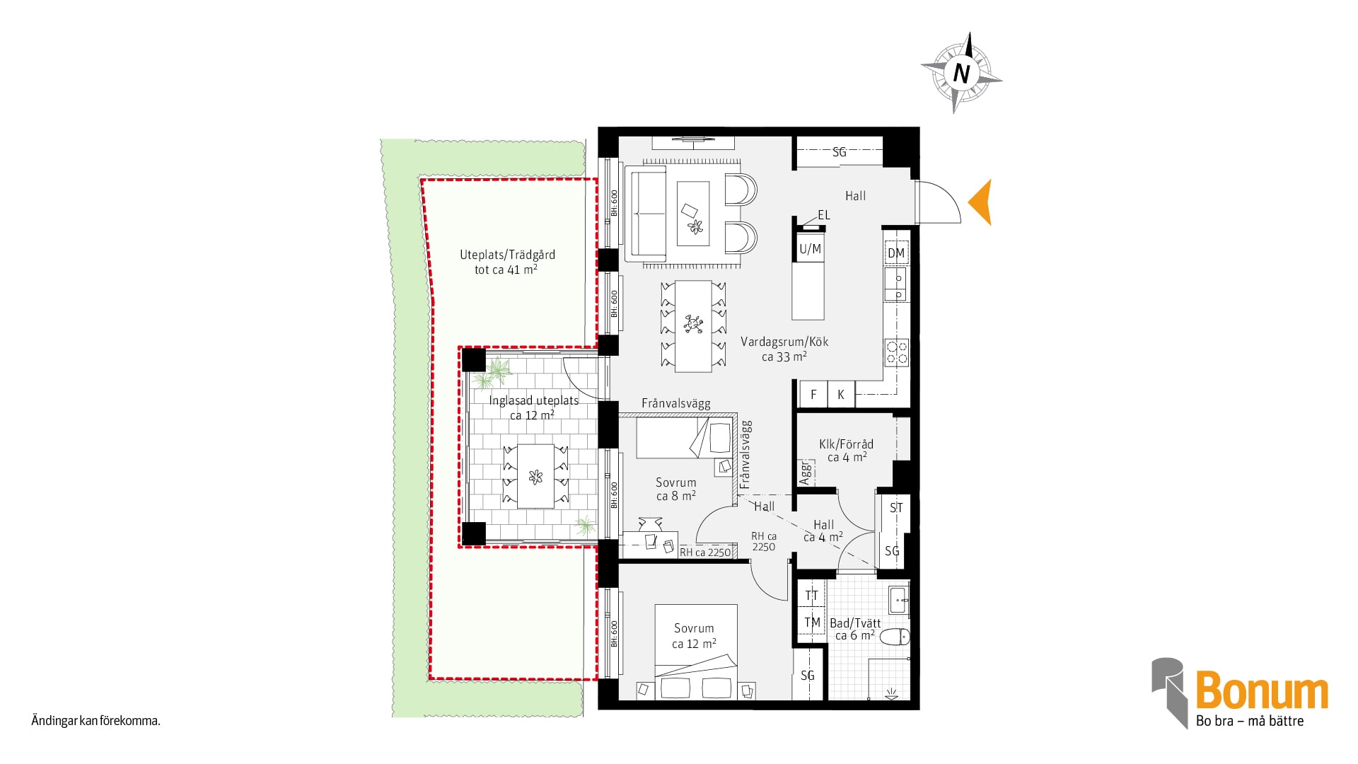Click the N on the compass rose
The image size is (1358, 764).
[961, 73]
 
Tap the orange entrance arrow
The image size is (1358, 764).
[980, 202]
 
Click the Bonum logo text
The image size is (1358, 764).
[1262, 690]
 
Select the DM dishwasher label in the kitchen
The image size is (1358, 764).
[896, 253]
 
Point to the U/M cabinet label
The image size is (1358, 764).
[810, 249]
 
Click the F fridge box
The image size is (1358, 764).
[813, 394]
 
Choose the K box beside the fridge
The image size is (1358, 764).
[841, 394]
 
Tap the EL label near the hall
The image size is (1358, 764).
[824, 215]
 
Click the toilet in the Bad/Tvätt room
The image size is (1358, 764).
[895, 637]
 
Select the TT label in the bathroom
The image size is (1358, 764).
[811, 596]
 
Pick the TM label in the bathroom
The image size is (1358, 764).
[812, 623]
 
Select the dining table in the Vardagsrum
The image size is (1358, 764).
[693, 326]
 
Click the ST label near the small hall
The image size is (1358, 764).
[896, 508]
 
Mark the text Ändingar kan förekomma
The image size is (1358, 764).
[95, 721]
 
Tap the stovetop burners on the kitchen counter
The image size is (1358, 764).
[897, 352]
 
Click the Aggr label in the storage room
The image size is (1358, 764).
[804, 473]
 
